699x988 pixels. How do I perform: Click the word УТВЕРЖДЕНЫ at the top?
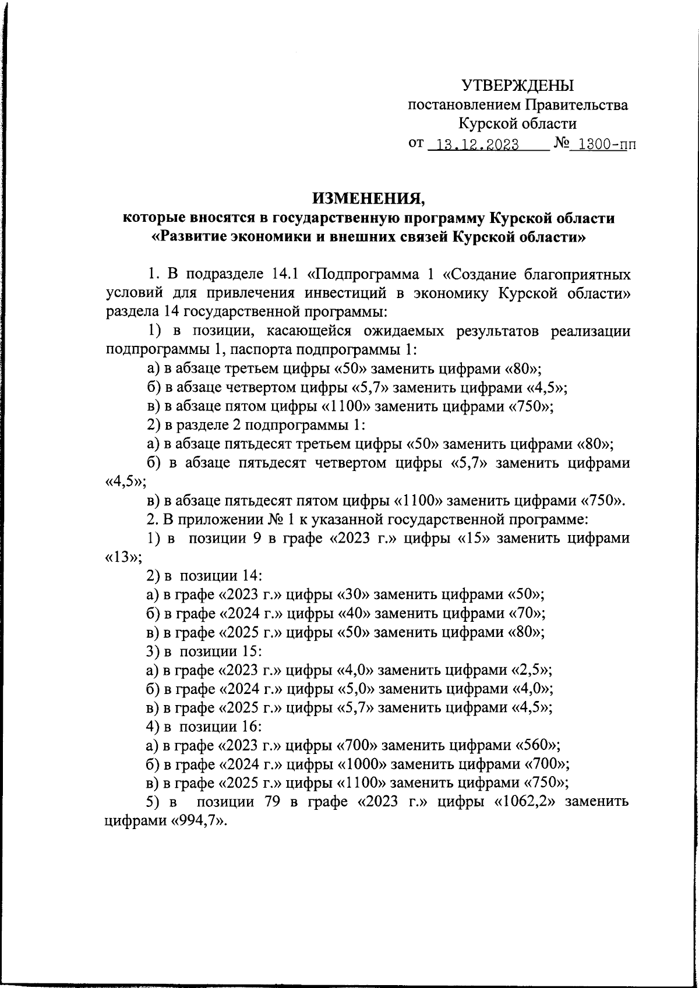518,86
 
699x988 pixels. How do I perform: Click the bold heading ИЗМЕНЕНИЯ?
369,199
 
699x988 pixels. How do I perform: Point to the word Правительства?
577,105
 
